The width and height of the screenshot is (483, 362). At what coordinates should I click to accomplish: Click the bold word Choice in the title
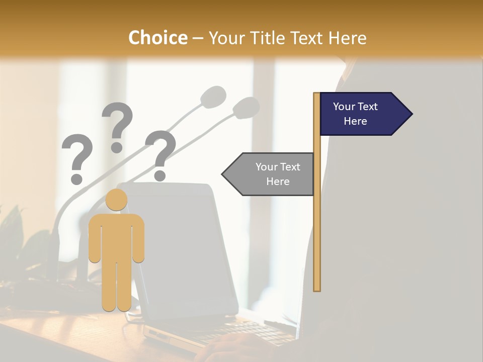[x=157, y=38]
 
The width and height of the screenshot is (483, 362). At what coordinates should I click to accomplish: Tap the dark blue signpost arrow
[x=360, y=114]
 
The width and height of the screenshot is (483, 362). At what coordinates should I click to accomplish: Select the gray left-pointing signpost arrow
[x=272, y=174]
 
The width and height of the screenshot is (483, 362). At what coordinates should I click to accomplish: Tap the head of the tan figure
[x=117, y=200]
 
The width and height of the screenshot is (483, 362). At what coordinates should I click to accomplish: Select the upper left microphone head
[x=213, y=96]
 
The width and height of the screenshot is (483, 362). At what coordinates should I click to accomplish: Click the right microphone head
[x=247, y=107]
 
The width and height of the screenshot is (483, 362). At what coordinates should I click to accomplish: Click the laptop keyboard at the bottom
[x=236, y=332]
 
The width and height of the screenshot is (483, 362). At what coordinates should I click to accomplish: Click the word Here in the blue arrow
[x=355, y=121]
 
